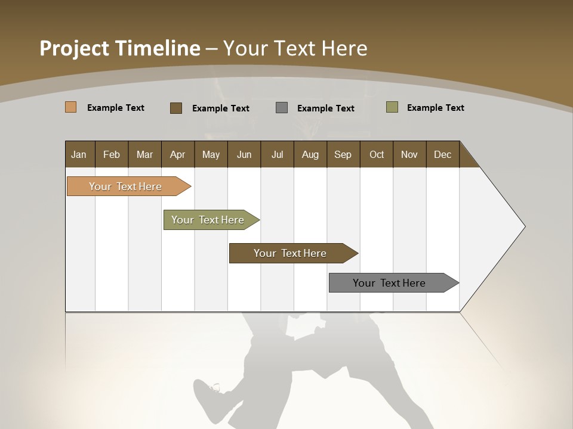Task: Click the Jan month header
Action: click(79, 154)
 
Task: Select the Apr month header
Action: click(178, 154)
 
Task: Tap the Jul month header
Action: click(277, 154)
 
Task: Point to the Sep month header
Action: click(343, 154)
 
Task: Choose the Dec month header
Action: click(442, 154)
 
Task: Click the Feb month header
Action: click(112, 154)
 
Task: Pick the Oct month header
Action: click(377, 154)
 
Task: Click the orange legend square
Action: click(70, 107)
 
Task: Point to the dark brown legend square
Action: click(175, 108)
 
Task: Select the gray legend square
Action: click(282, 108)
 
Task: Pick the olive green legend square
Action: click(392, 107)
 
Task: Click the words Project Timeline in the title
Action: click(119, 48)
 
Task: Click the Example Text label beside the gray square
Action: click(325, 108)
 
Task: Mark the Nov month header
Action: click(409, 154)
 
